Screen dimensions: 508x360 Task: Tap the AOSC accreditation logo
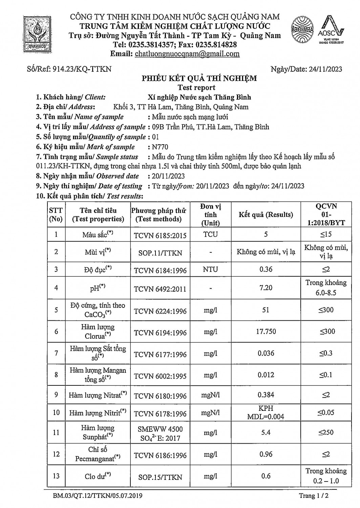click(x=331, y=31)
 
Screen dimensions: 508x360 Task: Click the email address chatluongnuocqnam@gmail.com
click(x=187, y=54)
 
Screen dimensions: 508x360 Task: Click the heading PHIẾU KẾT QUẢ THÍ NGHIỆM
click(x=199, y=79)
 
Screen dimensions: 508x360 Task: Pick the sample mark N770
click(x=160, y=147)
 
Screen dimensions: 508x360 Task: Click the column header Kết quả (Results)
click(x=266, y=215)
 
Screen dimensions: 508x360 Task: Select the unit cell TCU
click(x=211, y=234)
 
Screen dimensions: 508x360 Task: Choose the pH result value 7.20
click(x=266, y=288)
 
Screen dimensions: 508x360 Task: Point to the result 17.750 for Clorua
click(x=266, y=332)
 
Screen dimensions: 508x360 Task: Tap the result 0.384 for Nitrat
click(x=266, y=395)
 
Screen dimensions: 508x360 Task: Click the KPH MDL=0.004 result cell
click(x=266, y=412)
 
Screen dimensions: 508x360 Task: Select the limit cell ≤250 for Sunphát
click(x=326, y=432)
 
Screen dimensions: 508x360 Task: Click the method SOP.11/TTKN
click(x=160, y=253)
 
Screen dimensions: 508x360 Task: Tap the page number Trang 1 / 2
click(x=314, y=496)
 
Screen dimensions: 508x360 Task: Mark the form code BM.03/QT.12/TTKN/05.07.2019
click(x=98, y=496)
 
